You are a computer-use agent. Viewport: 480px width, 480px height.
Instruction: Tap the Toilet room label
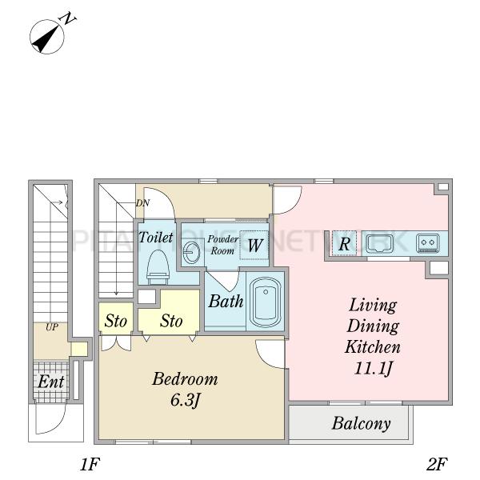point(156,238)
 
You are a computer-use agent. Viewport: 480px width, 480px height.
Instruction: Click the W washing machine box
point(253,246)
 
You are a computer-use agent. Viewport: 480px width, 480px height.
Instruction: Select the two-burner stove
point(426,241)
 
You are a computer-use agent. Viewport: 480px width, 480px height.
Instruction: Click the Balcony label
point(362,424)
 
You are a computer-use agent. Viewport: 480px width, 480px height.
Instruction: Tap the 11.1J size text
point(372,369)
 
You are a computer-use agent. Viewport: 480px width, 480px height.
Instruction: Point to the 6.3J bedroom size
point(185,398)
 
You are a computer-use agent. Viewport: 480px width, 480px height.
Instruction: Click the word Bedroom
point(185,378)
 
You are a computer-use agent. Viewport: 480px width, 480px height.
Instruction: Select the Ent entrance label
point(51,382)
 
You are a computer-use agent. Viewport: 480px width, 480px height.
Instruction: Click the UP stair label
point(51,328)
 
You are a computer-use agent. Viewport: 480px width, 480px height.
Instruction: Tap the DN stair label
point(142,203)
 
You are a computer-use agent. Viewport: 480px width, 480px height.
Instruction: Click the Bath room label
point(226,302)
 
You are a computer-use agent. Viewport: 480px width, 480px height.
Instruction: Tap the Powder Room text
point(222,245)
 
